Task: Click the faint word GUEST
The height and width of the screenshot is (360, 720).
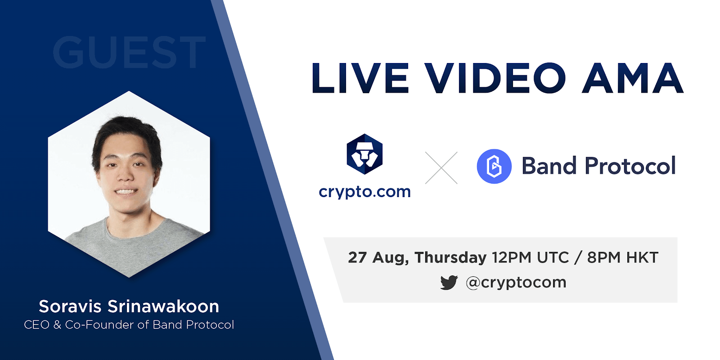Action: (x=129, y=52)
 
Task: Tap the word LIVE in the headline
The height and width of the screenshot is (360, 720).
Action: (x=360, y=78)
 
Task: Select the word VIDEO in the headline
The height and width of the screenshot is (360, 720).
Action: (x=495, y=78)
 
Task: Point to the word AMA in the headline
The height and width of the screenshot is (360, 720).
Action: (x=633, y=78)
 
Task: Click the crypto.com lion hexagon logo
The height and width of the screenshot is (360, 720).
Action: (x=364, y=154)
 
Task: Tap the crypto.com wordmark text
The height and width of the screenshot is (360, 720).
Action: (x=364, y=192)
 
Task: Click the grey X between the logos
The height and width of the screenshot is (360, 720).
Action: (x=441, y=168)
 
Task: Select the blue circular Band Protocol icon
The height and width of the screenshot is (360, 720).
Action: (x=494, y=166)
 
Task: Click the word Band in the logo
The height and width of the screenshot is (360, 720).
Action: (x=549, y=166)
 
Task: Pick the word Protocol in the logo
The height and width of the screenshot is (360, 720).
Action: (x=630, y=166)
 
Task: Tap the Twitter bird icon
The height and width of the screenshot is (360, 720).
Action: (x=449, y=283)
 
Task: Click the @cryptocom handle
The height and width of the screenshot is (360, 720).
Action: (x=516, y=283)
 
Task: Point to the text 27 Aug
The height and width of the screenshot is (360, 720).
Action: (x=378, y=258)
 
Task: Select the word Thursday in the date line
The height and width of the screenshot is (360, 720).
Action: (x=450, y=258)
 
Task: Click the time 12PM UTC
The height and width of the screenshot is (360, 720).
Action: (x=531, y=257)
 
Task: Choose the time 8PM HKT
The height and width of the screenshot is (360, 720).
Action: (x=623, y=257)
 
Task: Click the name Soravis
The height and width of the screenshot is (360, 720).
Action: (x=70, y=306)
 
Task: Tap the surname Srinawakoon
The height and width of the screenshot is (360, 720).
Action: (x=163, y=306)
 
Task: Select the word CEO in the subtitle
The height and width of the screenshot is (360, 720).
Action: (x=36, y=325)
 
